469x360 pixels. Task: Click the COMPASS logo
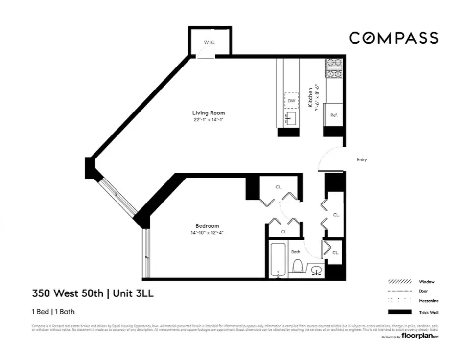click(393, 38)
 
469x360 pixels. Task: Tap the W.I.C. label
click(210, 43)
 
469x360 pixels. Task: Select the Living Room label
click(209, 113)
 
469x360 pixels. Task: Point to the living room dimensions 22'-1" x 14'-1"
click(209, 119)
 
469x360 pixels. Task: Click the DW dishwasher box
click(291, 101)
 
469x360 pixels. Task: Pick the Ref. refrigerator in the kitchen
click(334, 115)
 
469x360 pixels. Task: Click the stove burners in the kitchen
click(334, 68)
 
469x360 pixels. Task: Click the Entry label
click(362, 160)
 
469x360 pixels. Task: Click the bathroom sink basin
click(316, 270)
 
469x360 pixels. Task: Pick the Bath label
click(296, 252)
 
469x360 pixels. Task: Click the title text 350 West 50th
click(68, 293)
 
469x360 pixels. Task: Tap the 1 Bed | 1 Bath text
click(53, 311)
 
